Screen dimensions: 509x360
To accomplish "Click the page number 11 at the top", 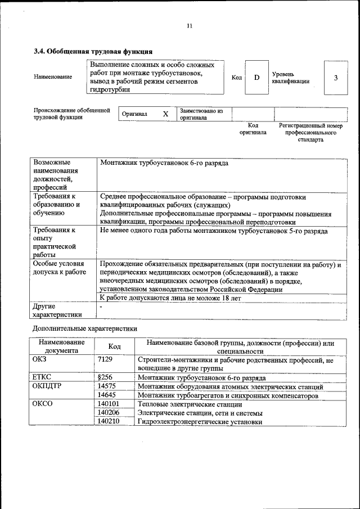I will click(190, 26).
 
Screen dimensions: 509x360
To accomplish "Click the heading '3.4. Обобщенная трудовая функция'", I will click(93, 52).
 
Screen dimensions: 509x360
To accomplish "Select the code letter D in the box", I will click(256, 77).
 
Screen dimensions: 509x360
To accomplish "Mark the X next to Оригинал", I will click(165, 114).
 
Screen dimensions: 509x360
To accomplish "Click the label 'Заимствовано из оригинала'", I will click(201, 114).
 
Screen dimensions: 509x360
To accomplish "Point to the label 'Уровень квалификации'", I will click(290, 77).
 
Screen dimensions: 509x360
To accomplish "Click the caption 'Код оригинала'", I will click(253, 129).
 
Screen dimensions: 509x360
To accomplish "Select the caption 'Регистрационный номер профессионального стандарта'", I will click(310, 133).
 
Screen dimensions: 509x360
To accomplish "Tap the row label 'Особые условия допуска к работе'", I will click(59, 268).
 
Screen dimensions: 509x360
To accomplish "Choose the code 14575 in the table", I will click(107, 386).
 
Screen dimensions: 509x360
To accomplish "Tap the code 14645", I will click(107, 395).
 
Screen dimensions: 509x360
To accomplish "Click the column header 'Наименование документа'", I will click(62, 346).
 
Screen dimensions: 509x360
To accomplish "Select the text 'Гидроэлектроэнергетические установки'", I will click(200, 421).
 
